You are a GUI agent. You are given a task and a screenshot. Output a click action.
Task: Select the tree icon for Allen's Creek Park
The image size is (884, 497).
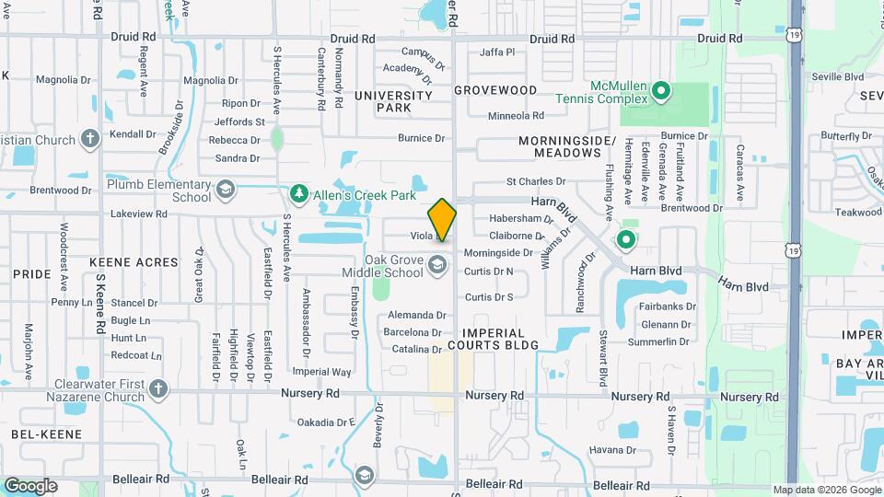(x=297, y=192)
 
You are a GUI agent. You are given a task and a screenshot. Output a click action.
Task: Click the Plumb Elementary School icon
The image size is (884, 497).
(x=224, y=191)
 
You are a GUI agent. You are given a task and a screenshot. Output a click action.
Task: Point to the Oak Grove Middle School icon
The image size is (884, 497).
(x=437, y=266)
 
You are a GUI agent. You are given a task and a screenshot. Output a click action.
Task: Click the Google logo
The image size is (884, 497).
(x=30, y=486)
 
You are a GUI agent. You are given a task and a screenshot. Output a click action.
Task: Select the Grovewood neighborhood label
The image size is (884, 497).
(x=495, y=90)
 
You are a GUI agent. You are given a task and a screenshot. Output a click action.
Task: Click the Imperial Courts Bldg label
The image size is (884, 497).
(x=499, y=339)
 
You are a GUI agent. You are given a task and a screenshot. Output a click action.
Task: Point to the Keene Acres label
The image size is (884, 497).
(x=133, y=262)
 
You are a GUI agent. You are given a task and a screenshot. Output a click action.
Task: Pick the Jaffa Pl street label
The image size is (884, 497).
(x=497, y=52)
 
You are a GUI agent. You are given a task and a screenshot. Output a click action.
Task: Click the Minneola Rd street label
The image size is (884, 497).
(x=516, y=115)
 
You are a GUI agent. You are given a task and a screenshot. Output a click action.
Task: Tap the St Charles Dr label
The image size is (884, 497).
(x=536, y=181)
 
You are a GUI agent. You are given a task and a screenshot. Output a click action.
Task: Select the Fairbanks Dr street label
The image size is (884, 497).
(x=668, y=306)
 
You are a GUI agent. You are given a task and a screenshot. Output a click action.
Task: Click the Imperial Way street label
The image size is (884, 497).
(x=321, y=372)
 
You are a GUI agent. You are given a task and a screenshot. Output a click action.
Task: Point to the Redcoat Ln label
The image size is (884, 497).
(x=129, y=354)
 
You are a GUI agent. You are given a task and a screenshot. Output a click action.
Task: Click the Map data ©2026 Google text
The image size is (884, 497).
(x=826, y=490)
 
